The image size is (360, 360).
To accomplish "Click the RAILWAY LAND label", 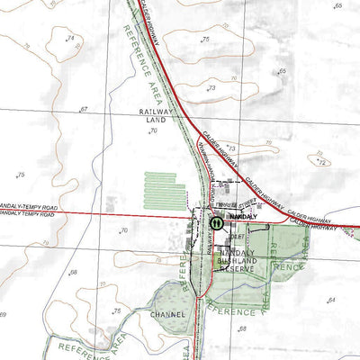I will click(x=154, y=115).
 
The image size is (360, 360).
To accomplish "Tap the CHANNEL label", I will click(x=169, y=314).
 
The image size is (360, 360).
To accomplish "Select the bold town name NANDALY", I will click(x=244, y=218).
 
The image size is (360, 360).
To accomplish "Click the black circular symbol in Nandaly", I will click(x=217, y=221).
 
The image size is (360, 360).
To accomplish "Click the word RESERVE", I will click(x=238, y=268).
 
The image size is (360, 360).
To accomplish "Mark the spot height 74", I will click(x=70, y=38).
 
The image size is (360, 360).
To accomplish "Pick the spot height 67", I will click(x=84, y=109).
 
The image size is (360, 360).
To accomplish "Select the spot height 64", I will click(x=331, y=299).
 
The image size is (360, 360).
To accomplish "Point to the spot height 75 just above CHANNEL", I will click(x=117, y=310).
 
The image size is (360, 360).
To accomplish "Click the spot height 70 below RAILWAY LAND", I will click(x=153, y=131).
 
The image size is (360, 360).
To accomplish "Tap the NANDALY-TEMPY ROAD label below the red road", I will click(x=27, y=214).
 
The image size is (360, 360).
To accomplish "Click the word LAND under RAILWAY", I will click(x=154, y=120).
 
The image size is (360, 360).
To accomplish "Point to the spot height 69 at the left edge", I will click(x=4, y=314).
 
